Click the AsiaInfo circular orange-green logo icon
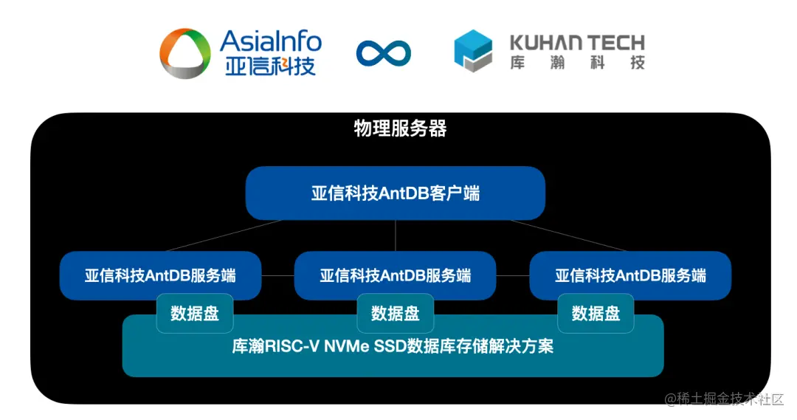pos(185,52)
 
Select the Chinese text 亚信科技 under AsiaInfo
pos(271,66)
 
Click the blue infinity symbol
pos(384,52)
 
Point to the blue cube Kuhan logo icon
pos(472,52)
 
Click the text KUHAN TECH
pos(577,41)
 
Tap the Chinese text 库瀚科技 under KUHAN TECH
pos(577,63)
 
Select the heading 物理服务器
pos(399,129)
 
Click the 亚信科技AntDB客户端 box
pos(395,193)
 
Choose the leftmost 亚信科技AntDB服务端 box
pos(160,275)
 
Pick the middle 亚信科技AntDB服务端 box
pos(395,275)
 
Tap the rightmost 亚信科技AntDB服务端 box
pos(630,275)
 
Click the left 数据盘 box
pos(195,313)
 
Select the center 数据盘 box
pos(395,313)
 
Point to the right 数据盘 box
pos(596,313)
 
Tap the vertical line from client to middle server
pos(396,235)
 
